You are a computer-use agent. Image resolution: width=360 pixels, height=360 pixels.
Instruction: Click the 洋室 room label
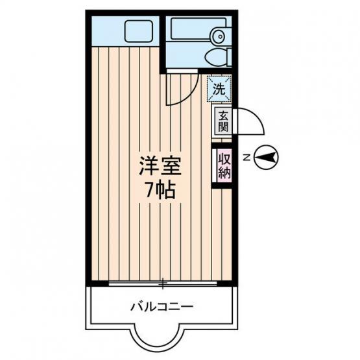[x=160, y=166]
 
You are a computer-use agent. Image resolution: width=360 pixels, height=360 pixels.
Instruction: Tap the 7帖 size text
[x=160, y=191]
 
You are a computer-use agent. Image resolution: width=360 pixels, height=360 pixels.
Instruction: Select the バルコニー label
[x=162, y=307]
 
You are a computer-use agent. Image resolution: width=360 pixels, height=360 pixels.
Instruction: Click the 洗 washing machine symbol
[x=219, y=89]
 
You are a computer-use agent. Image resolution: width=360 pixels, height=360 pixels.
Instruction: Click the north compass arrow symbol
[x=266, y=158]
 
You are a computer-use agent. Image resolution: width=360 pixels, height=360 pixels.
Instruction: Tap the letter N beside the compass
[x=246, y=158]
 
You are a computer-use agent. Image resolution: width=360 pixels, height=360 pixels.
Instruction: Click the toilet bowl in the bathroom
[x=216, y=57]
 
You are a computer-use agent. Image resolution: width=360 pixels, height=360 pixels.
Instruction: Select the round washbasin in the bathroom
[x=219, y=36]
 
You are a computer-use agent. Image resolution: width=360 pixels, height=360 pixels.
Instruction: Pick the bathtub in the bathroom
[x=198, y=29]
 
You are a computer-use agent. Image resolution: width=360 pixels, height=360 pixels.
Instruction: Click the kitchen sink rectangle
[x=139, y=31]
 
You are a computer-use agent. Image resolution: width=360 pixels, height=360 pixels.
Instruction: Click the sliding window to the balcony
[x=163, y=283]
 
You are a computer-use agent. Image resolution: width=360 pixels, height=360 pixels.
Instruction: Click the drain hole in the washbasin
[x=221, y=36]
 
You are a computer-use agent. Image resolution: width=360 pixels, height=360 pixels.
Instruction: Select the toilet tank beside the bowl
[x=229, y=57]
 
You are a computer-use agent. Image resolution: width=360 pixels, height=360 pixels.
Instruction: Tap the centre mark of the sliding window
[x=163, y=283]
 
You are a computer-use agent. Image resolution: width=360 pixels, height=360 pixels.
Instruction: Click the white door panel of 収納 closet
[x=214, y=165]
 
